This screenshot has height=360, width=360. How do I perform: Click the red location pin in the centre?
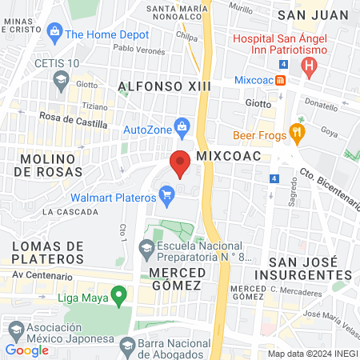click(181, 162)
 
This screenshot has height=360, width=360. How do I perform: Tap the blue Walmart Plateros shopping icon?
click(167, 194)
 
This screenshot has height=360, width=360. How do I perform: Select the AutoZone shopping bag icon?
click(182, 126)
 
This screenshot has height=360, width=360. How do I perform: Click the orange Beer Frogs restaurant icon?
click(298, 134)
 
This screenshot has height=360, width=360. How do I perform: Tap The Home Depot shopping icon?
click(54, 34)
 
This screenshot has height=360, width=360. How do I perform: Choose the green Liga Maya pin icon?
click(119, 298)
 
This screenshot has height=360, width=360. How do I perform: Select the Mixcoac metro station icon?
click(281, 80)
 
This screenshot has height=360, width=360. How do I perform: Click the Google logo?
click(27, 350)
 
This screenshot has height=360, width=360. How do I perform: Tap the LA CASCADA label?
click(71, 212)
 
